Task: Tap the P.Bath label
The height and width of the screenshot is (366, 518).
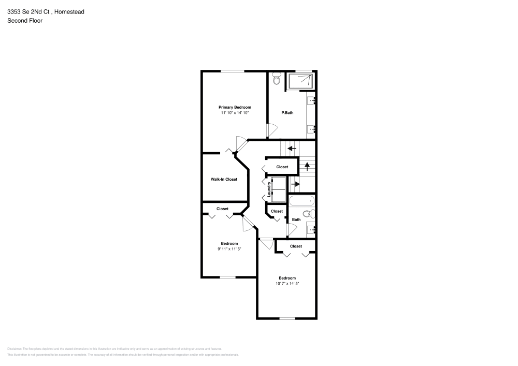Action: (x=287, y=112)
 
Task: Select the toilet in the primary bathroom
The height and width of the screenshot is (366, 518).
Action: (x=276, y=80)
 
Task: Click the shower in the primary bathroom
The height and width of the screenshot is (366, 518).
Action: (x=300, y=81)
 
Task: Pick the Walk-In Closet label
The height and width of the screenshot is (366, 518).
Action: (x=224, y=180)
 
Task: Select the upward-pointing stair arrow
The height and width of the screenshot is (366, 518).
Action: (x=308, y=166)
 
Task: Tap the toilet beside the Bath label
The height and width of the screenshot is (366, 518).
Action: (x=307, y=214)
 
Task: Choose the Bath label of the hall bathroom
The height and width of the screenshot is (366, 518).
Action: (x=296, y=219)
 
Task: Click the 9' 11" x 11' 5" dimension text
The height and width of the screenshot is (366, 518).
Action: (x=229, y=249)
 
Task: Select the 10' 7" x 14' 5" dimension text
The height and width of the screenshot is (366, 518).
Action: (x=287, y=283)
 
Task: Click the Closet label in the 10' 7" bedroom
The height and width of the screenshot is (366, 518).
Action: (x=296, y=246)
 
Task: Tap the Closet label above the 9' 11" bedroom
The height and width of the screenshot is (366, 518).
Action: (x=222, y=209)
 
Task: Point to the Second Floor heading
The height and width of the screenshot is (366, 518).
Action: (x=25, y=21)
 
